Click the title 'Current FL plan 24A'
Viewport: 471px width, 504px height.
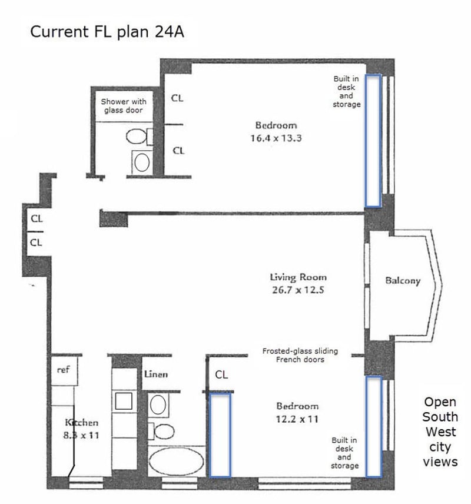tap(107, 32)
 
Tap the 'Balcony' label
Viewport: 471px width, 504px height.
tap(403, 281)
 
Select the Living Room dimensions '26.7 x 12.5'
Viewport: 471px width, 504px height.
tap(298, 290)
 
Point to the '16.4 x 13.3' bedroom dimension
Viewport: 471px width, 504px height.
tap(276, 138)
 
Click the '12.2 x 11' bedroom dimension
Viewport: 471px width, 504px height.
tap(297, 419)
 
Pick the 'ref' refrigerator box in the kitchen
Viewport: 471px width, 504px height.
tap(64, 372)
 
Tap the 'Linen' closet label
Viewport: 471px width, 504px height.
tap(156, 374)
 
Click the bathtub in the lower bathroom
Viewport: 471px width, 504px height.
tap(177, 461)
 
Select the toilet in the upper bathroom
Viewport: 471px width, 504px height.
tap(139, 136)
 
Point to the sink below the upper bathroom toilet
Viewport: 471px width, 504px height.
tap(142, 163)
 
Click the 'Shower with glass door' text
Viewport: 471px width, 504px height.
tap(124, 106)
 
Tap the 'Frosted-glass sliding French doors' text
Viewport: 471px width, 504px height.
tap(300, 355)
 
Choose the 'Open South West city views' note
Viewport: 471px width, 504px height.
tap(440, 432)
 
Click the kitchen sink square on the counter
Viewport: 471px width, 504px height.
tap(124, 401)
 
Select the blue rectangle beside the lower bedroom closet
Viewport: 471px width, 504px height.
tap(220, 435)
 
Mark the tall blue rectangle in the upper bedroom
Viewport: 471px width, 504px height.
tap(373, 141)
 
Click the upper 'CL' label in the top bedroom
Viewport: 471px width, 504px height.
tap(177, 98)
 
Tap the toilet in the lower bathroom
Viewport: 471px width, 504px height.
tap(161, 431)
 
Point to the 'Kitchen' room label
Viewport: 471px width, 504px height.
tap(82, 422)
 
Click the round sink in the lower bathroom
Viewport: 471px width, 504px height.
tap(158, 404)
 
